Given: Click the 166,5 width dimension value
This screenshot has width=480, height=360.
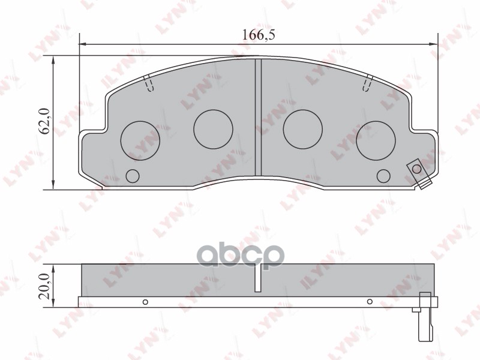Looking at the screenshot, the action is tap(259, 35).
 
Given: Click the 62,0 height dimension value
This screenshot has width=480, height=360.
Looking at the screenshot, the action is tap(45, 121).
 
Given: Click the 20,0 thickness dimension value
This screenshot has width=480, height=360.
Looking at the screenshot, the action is tap(45, 286).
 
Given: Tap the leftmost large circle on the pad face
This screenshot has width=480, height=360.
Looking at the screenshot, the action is tap(140, 140).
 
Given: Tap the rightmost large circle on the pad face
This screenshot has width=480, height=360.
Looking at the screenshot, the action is tap(376, 140).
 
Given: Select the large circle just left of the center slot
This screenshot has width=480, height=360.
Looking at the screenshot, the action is tap(213, 129).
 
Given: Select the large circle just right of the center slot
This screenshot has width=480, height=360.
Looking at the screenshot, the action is tap(303, 129).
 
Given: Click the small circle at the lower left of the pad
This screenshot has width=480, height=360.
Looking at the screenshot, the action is tap(133, 176).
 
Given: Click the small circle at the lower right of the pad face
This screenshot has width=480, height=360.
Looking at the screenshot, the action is tap(383, 176).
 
